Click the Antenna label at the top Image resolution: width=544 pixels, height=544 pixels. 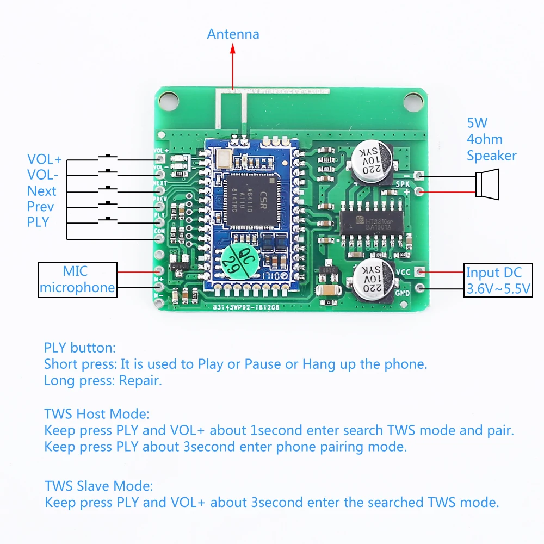coord(233,34)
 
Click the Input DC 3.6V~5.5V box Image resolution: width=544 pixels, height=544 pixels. coord(497,280)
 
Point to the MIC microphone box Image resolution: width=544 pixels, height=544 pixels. coord(78,280)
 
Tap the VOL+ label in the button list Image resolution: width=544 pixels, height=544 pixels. coord(45,159)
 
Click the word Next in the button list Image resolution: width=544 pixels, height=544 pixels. coord(42,191)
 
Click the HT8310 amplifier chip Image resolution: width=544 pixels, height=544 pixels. coord(373,224)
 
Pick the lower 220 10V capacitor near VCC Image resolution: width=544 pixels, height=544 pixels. coord(372,279)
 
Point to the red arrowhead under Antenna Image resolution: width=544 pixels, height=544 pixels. coord(233,47)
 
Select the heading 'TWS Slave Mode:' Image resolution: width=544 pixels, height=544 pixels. coord(98,485)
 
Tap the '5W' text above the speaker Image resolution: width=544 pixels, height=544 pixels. coord(477,123)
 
